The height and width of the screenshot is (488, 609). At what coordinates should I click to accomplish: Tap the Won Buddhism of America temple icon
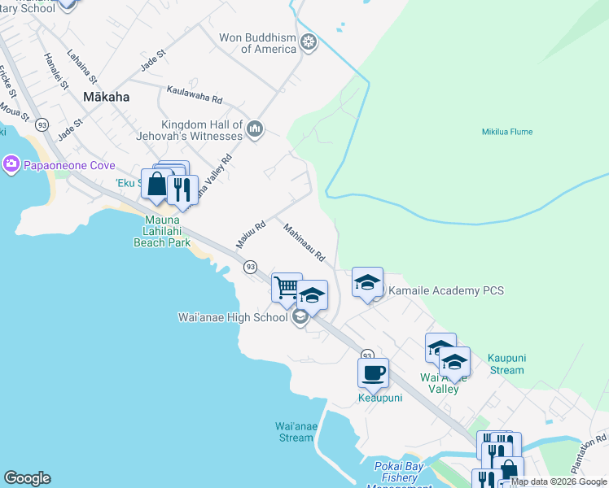309,41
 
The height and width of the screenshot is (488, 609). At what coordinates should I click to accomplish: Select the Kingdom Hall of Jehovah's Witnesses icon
255,129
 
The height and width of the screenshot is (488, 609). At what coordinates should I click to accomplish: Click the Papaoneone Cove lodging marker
11,164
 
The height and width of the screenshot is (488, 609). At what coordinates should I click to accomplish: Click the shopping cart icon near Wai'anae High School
287,287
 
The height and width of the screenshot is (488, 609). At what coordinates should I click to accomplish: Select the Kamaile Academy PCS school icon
367,282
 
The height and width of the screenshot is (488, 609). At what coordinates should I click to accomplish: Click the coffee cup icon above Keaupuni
373,373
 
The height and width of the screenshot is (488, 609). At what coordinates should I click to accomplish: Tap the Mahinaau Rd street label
304,243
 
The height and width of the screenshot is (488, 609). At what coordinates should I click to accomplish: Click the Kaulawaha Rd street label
194,94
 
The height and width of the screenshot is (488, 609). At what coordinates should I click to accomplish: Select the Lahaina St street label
82,69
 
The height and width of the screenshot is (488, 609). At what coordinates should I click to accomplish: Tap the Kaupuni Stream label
506,364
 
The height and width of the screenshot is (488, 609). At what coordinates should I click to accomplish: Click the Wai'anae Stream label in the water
294,432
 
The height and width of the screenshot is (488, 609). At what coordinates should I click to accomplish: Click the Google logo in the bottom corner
27,478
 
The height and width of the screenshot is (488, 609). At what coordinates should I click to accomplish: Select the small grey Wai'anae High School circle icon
300,317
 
